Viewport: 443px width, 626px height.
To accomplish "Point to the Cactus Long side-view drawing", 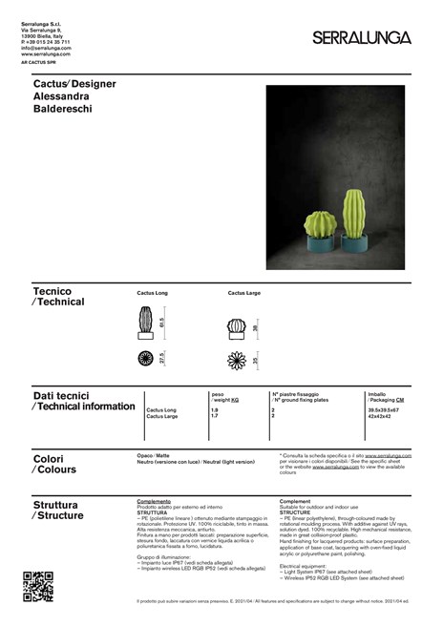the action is pos(146,324).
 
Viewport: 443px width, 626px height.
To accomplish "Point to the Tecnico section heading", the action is pos(52,290).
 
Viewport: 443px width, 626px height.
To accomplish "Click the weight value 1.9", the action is pos(214,410).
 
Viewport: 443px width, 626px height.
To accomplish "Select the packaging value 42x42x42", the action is pos(380,417).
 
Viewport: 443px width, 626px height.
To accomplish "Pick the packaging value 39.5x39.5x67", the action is pos(385,410).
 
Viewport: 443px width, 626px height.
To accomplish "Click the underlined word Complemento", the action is pos(154,500).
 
